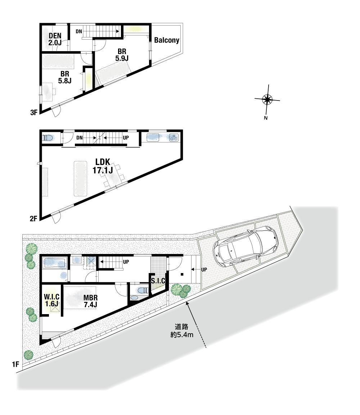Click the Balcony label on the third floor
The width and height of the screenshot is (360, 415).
pyautogui.click(x=167, y=40)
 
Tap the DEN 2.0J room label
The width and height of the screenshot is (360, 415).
pyautogui.click(x=55, y=39)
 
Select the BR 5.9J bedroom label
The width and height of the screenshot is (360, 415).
pyautogui.click(x=122, y=55)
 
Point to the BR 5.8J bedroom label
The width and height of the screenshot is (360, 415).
pyautogui.click(x=65, y=77)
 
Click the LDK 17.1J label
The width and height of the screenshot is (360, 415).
pyautogui.click(x=103, y=166)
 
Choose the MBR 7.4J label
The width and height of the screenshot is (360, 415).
pyautogui.click(x=90, y=301)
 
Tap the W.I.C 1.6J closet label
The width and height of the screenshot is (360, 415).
pyautogui.click(x=51, y=300)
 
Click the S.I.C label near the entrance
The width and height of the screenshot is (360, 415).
pyautogui.click(x=158, y=281)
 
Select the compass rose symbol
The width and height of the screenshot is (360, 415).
pyautogui.click(x=267, y=99)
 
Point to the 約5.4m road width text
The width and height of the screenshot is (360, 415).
pyautogui.click(x=182, y=335)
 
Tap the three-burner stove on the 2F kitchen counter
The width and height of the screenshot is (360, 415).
pyautogui.click(x=174, y=138)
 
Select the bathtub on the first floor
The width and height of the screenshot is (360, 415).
pyautogui.click(x=55, y=263)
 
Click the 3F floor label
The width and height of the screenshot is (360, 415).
pyautogui.click(x=34, y=113)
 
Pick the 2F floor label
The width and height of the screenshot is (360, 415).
pyautogui.click(x=33, y=219)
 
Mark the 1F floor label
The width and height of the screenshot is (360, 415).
pyautogui.click(x=15, y=365)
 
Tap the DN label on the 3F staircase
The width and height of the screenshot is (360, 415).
pyautogui.click(x=79, y=31)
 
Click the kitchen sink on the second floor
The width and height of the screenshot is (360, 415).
pyautogui.click(x=153, y=138)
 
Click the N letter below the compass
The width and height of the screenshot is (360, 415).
pyautogui.click(x=266, y=118)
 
